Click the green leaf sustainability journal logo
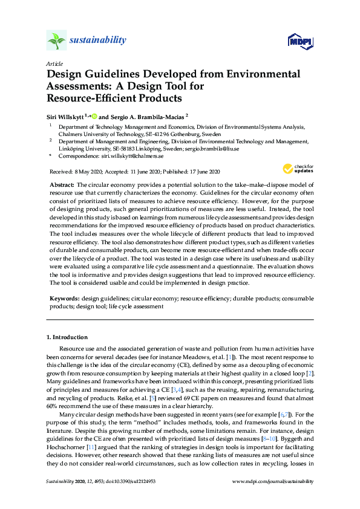pos(56,41)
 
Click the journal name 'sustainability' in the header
pos(98,41)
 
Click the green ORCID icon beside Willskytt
pos(94,115)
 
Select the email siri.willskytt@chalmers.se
pos(126,156)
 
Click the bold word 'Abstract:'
pos(62,184)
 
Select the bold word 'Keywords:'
pos(64,298)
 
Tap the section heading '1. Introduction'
pos(67,337)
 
